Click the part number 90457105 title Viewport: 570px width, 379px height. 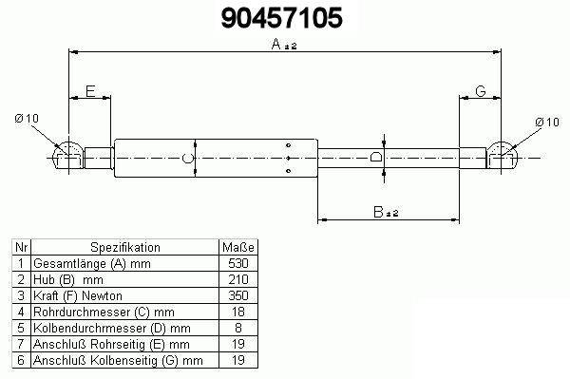[x=282, y=18]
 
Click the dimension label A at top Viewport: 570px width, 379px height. [x=276, y=45]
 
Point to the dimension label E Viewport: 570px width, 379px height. [x=90, y=91]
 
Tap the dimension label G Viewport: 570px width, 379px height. [x=481, y=91]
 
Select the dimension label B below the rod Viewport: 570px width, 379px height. [x=378, y=212]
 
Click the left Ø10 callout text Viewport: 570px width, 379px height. [x=27, y=118]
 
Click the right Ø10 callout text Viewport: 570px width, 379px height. [x=547, y=123]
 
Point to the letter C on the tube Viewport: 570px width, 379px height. [x=187, y=158]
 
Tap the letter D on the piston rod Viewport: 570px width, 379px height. [x=376, y=157]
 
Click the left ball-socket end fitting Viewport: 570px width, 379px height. [x=68, y=156]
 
